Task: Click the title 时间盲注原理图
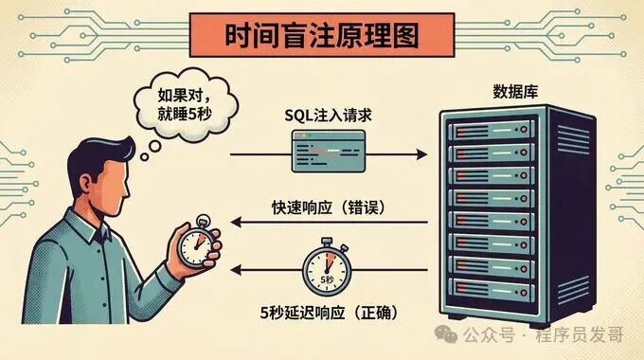coord(322,37)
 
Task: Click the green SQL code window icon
coord(328,150)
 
